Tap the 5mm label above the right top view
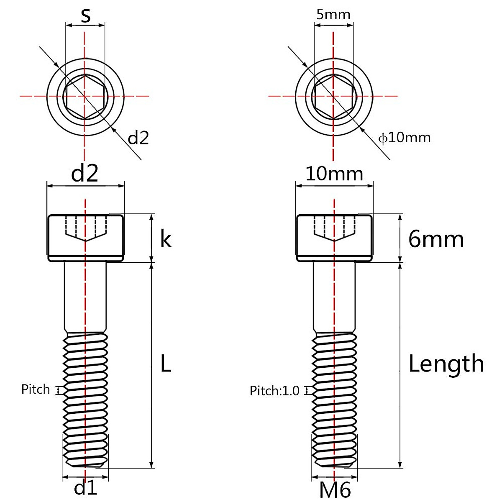click(333, 15)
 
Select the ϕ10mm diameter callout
click(404, 137)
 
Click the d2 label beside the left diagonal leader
click(138, 138)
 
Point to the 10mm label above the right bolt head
click(334, 173)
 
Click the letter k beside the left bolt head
click(166, 239)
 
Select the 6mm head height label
click(436, 240)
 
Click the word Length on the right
click(446, 364)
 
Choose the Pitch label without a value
click(36, 389)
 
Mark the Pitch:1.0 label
click(275, 391)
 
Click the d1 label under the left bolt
click(85, 488)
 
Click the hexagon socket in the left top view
click(85, 97)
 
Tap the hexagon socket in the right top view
click(333, 97)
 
